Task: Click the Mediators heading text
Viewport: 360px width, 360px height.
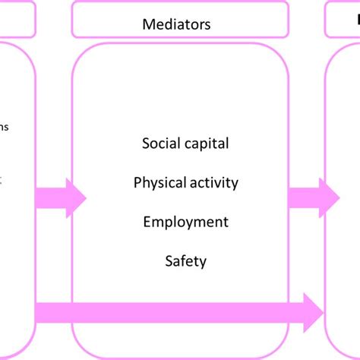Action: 176,24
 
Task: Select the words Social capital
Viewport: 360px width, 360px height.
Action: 185,143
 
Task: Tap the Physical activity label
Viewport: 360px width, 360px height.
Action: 185,182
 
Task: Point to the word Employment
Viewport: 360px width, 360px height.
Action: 185,222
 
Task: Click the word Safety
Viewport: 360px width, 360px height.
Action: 185,261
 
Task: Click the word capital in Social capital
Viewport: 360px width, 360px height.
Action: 206,144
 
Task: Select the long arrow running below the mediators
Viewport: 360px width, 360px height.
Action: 175,311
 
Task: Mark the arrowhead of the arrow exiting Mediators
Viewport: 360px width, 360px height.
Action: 330,197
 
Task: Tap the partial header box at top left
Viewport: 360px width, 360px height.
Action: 17,20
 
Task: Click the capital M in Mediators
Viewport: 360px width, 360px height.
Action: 148,24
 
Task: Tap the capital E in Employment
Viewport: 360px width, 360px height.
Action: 147,222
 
